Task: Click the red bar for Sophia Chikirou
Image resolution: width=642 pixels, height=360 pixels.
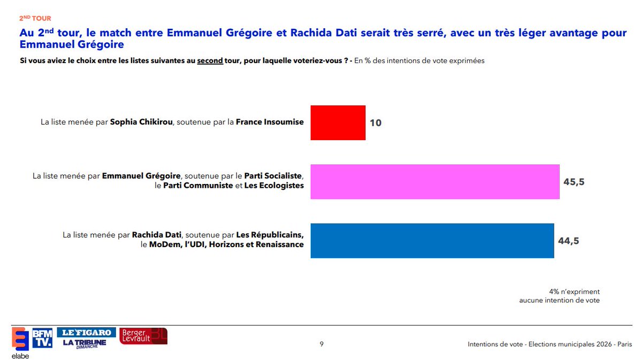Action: (x=338, y=122)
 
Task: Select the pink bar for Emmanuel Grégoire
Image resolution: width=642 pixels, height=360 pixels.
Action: (x=435, y=182)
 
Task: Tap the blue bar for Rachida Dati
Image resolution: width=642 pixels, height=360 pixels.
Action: (x=432, y=241)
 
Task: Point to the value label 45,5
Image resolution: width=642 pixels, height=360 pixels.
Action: (x=574, y=182)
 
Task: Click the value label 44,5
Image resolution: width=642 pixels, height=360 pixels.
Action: (x=569, y=241)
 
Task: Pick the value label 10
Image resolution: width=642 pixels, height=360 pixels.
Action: (x=376, y=122)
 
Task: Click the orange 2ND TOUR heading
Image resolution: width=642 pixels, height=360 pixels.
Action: (x=35, y=19)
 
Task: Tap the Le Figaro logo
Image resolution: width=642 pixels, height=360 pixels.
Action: (x=87, y=332)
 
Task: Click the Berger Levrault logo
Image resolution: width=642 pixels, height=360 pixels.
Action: (x=143, y=336)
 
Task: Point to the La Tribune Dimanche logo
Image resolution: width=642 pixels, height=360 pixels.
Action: (x=85, y=343)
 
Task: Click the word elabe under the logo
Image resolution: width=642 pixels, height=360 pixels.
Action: (x=20, y=356)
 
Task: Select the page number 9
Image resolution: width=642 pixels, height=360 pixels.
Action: (x=322, y=344)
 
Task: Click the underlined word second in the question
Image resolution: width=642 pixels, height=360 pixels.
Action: (x=210, y=60)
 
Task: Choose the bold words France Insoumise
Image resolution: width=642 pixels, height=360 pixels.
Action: (x=270, y=122)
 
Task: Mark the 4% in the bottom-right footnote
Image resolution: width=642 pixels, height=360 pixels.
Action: (x=554, y=292)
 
